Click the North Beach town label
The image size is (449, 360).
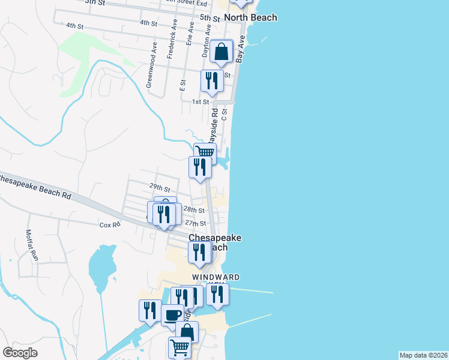click(250, 17)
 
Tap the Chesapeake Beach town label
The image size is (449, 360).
click(215, 242)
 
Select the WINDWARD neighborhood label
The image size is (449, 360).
click(216, 277)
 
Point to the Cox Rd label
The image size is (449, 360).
click(110, 224)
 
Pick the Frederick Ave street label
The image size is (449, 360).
click(172, 41)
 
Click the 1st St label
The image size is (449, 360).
click(200, 102)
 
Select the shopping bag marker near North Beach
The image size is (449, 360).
click(221, 52)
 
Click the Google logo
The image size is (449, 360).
click(20, 353)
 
